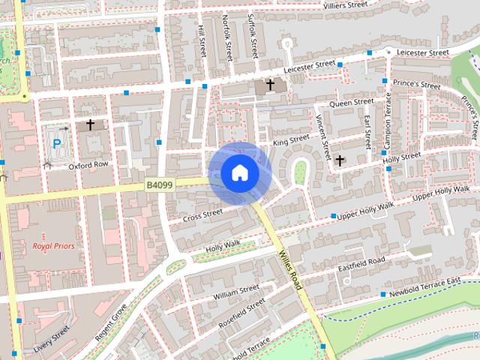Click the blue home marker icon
(x=238, y=173)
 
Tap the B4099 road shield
(x=160, y=184)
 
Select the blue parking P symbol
(x=56, y=141)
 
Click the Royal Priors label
(x=52, y=245)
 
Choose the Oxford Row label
(x=88, y=165)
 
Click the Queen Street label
(x=352, y=102)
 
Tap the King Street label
(x=290, y=140)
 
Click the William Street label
(x=235, y=292)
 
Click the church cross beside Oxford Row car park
(x=91, y=124)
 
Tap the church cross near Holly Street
(x=340, y=160)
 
